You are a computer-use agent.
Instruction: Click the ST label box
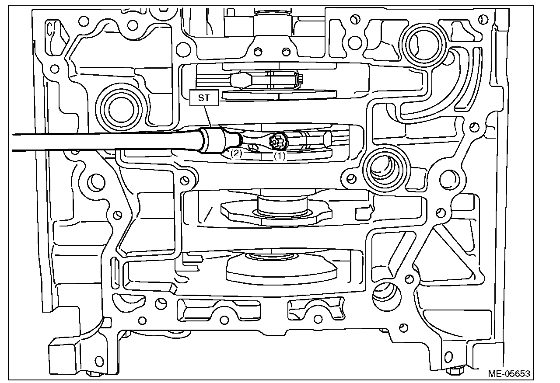[204, 98]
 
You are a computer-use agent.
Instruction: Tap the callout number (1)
[280, 155]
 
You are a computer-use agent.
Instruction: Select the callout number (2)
[237, 153]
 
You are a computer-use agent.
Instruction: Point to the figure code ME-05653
[509, 374]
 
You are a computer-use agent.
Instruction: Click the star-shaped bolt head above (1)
[277, 141]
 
